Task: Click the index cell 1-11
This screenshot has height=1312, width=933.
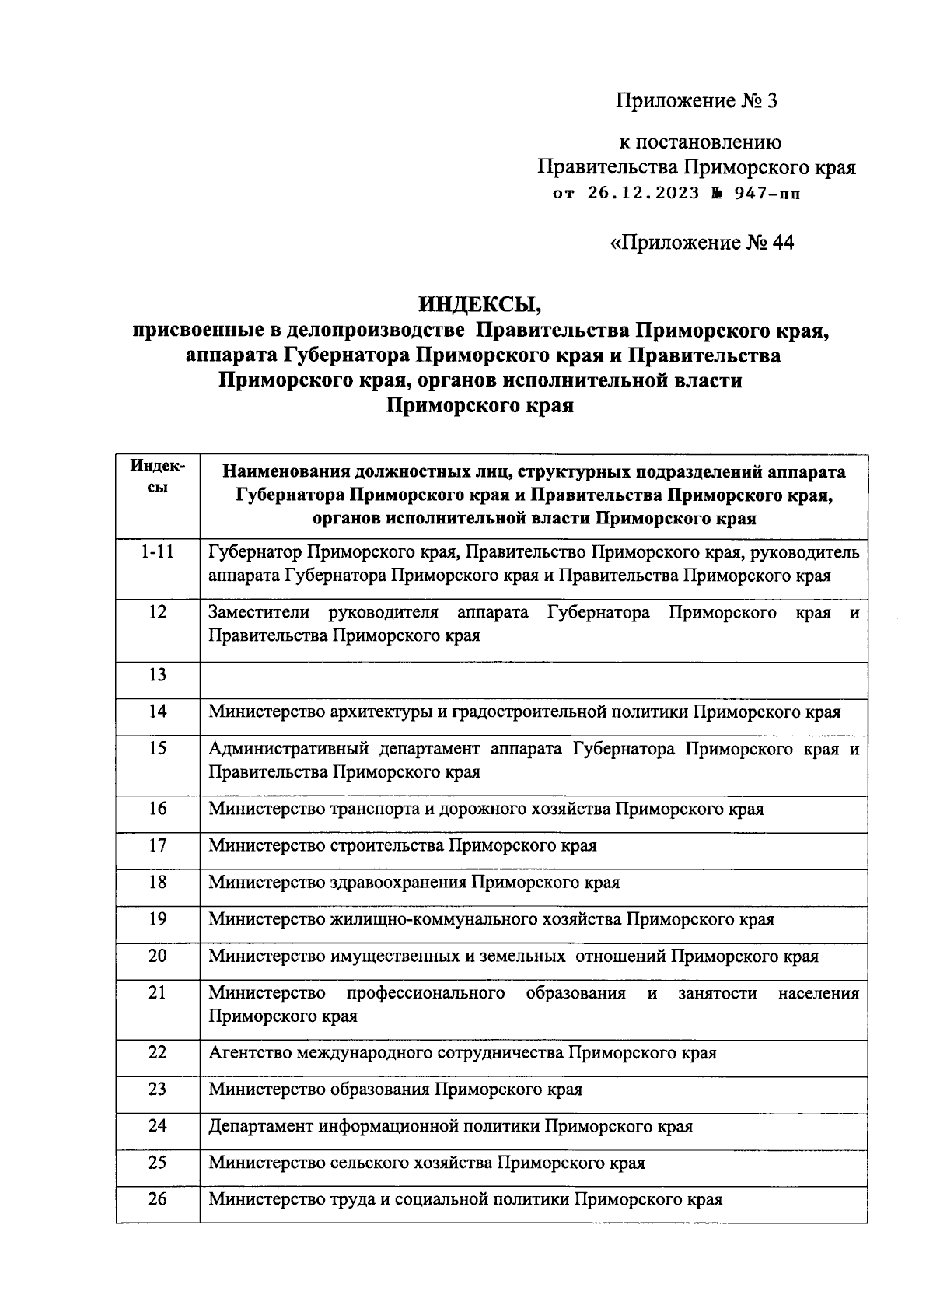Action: click(x=157, y=553)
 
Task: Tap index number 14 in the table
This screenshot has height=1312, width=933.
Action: click(x=157, y=712)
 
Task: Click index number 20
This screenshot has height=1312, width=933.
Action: click(x=157, y=956)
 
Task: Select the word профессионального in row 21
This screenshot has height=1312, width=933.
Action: click(x=425, y=994)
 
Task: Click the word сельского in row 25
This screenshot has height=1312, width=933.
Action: click(x=376, y=1163)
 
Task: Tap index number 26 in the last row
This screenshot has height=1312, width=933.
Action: click(x=157, y=1199)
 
